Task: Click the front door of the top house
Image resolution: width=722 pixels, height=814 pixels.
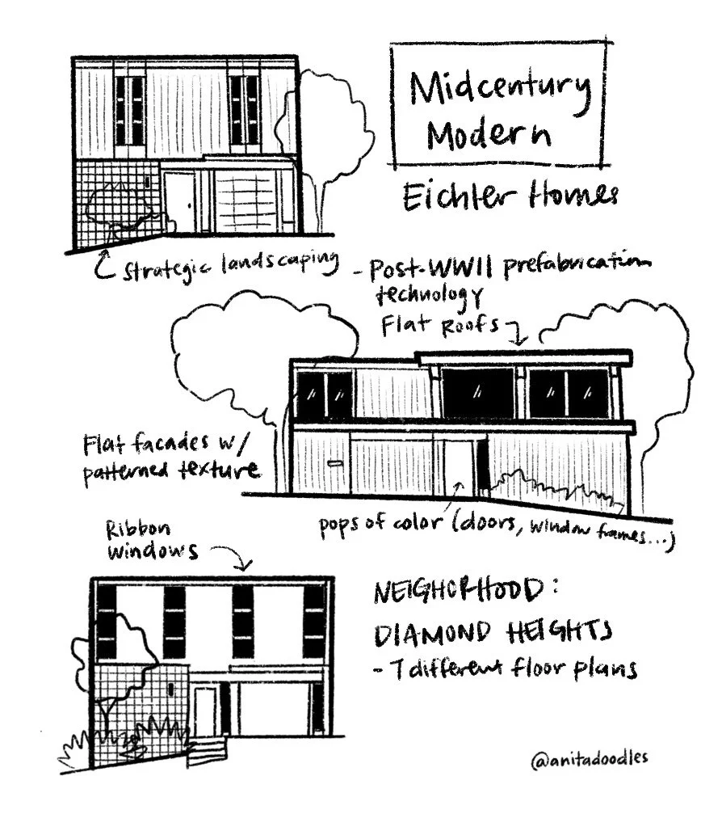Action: pos(178,201)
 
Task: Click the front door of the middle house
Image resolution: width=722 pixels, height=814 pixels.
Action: pos(458,466)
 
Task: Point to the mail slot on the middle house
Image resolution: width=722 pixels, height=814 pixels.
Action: pos(334,463)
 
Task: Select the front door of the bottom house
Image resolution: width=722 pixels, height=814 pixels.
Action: pos(205,711)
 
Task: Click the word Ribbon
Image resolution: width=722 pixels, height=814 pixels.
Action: pos(138,529)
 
